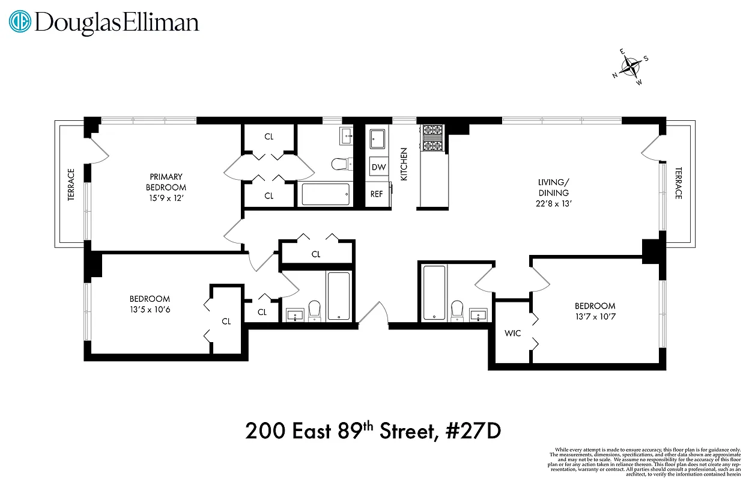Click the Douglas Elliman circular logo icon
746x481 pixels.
point(21,22)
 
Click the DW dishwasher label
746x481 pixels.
point(378,167)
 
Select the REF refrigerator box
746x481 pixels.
point(377,194)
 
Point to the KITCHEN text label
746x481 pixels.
point(404,165)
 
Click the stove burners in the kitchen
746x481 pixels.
point(432,139)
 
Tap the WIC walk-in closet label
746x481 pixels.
point(512,332)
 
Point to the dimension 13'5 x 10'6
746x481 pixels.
point(150,309)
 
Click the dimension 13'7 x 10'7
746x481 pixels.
point(595,316)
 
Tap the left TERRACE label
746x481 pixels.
point(71,185)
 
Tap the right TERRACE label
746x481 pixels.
point(679,183)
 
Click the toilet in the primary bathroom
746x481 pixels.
point(341,164)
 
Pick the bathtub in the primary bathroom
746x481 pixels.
point(325,195)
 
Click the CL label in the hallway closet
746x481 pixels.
point(316,254)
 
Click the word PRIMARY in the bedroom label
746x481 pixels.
point(166,177)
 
